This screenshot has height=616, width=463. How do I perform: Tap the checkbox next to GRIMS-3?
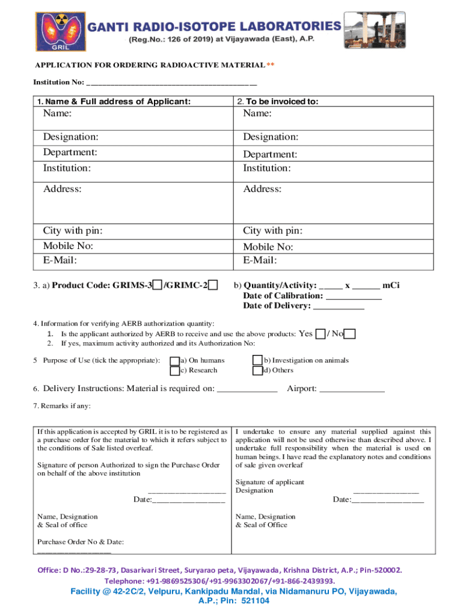click(x=157, y=285)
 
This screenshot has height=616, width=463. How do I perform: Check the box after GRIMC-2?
click(x=213, y=285)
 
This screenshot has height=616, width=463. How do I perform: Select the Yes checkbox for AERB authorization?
click(x=321, y=334)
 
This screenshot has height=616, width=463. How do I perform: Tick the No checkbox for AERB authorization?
click(x=351, y=334)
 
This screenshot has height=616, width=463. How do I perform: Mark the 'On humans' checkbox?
click(x=174, y=360)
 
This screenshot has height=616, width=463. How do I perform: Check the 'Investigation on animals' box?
click(x=257, y=360)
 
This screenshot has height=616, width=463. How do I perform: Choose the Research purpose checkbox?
click(x=174, y=371)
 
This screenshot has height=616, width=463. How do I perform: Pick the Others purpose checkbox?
click(x=257, y=371)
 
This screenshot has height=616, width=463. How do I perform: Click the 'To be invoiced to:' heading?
click(x=277, y=102)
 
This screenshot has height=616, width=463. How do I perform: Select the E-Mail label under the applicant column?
click(x=60, y=260)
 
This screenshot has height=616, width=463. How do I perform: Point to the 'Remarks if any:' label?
click(x=62, y=406)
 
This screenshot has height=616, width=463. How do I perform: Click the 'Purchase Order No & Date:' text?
click(x=81, y=542)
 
